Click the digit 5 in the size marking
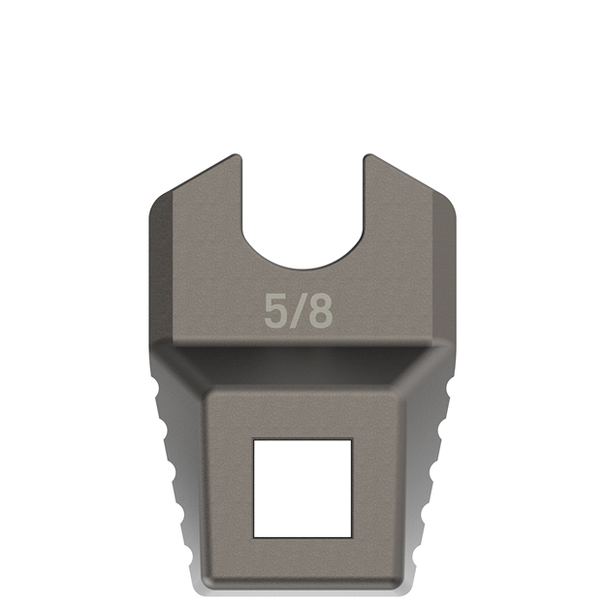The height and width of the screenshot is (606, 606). (275, 311)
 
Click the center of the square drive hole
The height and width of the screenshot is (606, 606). (302, 487)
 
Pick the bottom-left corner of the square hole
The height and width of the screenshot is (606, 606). (255, 535)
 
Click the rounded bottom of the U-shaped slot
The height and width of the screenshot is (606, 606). (302, 269)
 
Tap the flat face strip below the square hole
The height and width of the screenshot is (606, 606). (302, 562)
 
